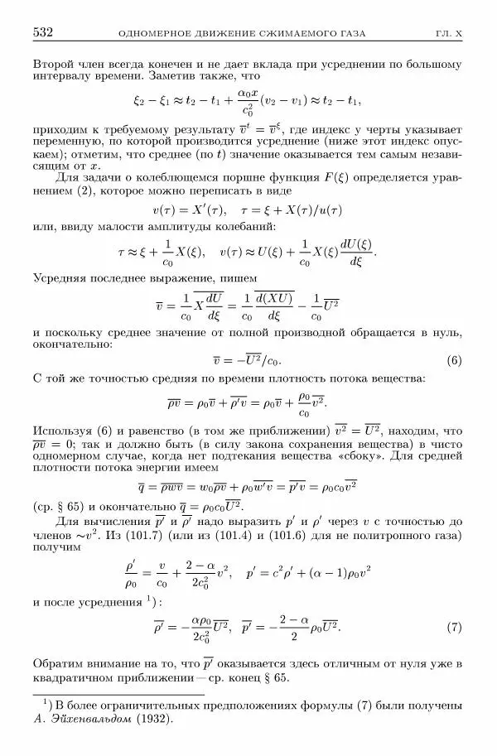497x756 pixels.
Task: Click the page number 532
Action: [43, 33]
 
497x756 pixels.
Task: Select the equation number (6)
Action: [453, 360]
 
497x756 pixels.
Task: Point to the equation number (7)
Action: [453, 628]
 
